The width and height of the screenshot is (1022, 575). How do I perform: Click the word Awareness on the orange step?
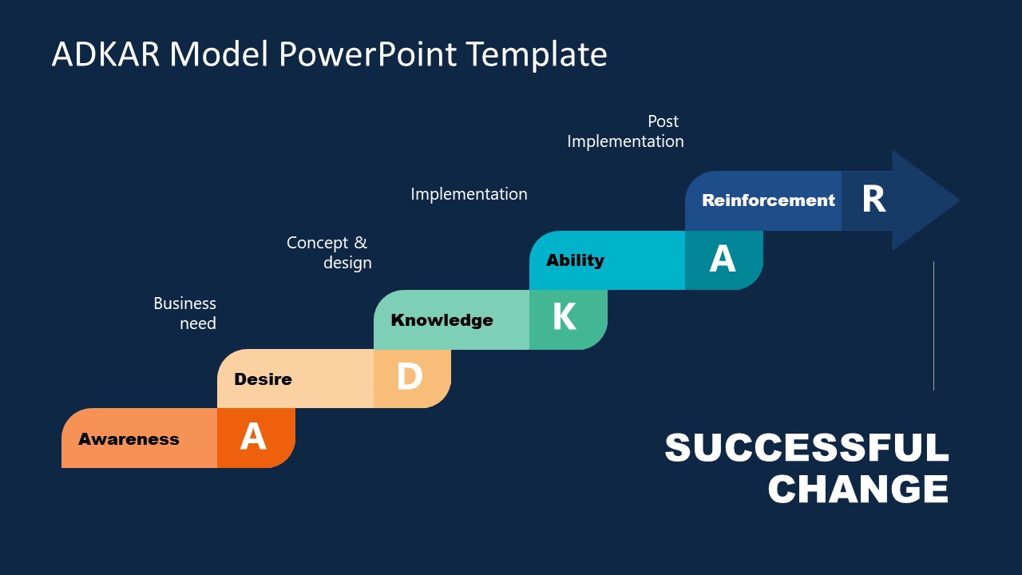click(129, 439)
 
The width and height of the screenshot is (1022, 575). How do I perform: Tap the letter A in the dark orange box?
click(253, 438)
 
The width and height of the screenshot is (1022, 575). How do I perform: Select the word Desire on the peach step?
click(263, 379)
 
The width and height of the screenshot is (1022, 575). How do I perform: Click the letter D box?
click(410, 378)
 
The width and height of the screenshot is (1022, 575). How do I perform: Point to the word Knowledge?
click(442, 320)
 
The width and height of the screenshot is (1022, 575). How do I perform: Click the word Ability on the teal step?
click(575, 260)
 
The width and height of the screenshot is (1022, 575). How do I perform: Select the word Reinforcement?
click(768, 200)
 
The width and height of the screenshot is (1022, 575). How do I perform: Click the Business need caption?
click(185, 313)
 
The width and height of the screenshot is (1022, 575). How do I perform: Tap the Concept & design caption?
click(329, 252)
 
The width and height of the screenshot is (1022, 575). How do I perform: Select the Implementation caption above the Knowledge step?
click(469, 194)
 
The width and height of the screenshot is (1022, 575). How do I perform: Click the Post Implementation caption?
click(625, 132)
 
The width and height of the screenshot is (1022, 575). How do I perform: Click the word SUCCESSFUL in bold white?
click(806, 448)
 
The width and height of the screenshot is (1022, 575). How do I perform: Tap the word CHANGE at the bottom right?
click(858, 489)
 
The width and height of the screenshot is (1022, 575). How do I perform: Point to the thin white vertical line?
click(933, 326)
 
